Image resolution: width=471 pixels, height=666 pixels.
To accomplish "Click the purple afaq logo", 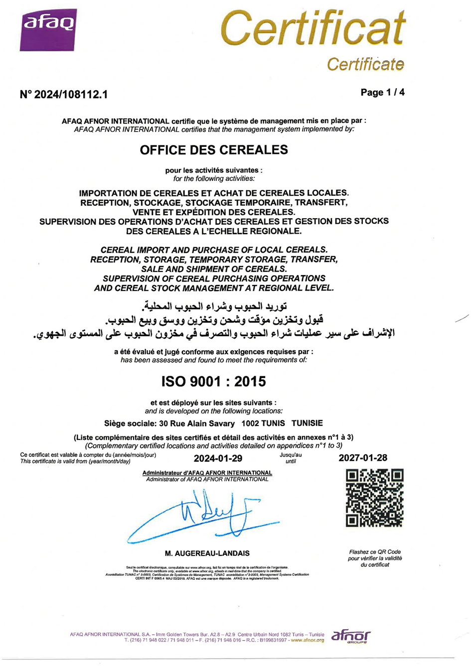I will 48,30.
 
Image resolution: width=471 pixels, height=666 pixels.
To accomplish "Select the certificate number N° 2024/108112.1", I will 64,94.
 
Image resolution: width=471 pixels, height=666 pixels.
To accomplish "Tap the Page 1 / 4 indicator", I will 382,92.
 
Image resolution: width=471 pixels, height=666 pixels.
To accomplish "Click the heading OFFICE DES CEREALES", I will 214,149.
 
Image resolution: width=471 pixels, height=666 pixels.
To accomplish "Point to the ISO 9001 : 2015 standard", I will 213,382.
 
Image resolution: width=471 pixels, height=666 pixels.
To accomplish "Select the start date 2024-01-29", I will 218,458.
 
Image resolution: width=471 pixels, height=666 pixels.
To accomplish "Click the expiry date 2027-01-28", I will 363,458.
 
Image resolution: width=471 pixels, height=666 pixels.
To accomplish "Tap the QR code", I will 375,498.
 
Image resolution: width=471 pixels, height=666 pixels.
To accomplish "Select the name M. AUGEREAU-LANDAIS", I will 207,553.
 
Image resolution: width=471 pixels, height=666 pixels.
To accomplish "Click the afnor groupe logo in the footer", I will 351,636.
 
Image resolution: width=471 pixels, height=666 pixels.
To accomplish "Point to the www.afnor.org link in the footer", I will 308,640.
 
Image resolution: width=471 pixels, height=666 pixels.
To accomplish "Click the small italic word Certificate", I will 365,64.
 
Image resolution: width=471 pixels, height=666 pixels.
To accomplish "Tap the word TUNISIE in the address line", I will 307,423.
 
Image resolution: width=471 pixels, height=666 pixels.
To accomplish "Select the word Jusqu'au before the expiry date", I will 291,455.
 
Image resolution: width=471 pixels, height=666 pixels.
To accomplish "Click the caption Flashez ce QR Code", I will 375,552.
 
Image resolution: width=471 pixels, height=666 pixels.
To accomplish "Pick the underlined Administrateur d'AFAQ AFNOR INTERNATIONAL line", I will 207,473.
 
